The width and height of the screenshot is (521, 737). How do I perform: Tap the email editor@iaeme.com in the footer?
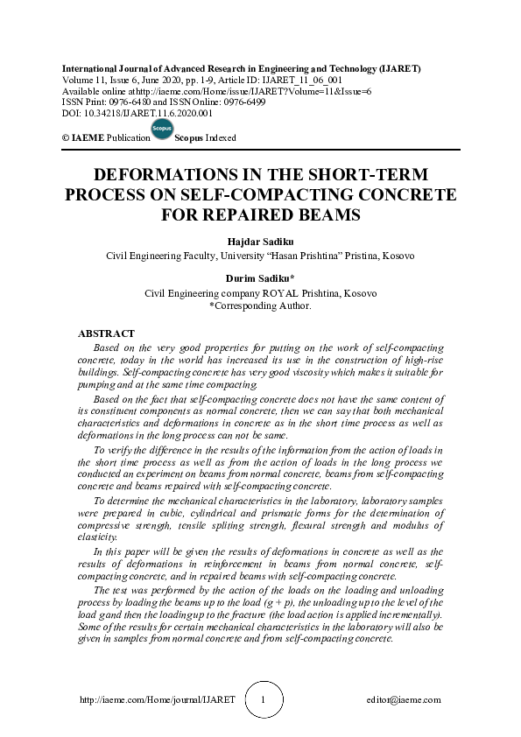[x=404, y=700]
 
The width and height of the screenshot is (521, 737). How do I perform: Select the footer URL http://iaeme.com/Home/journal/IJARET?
[x=157, y=700]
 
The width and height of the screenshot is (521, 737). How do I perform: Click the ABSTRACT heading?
[x=106, y=333]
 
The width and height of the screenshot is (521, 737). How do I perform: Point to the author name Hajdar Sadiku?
[x=260, y=242]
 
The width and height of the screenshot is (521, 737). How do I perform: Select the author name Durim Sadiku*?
[x=260, y=279]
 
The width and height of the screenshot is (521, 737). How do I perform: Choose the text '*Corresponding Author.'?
[x=260, y=306]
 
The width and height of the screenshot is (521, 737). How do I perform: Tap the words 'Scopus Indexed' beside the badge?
[x=206, y=138]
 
